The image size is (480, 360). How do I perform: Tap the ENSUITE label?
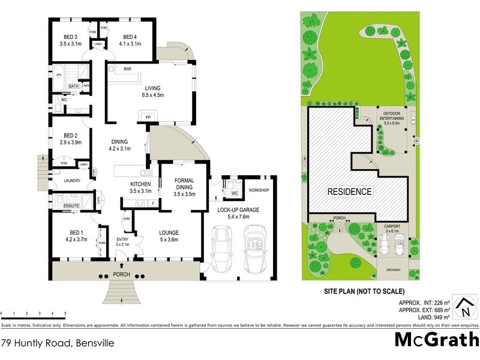[71, 206]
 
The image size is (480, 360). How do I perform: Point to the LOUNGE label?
[169, 233]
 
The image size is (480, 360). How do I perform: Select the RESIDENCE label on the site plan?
[350, 192]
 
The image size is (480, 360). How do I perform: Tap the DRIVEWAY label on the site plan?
[393, 270]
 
